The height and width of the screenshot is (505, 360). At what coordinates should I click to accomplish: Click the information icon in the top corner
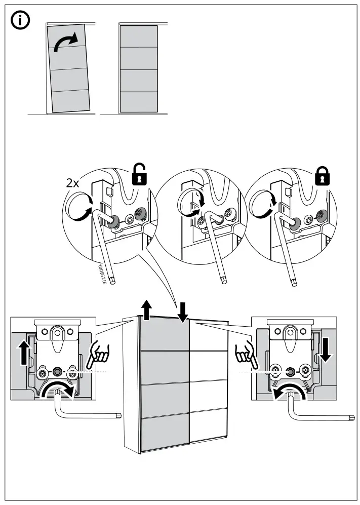pyautogui.click(x=21, y=21)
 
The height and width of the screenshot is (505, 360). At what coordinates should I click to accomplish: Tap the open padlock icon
pyautogui.click(x=140, y=175)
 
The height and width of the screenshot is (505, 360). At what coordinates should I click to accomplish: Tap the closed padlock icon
pyautogui.click(x=320, y=175)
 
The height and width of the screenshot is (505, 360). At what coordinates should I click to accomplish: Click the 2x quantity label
pyautogui.click(x=73, y=183)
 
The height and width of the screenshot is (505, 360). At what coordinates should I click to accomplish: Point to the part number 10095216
pyautogui.click(x=101, y=273)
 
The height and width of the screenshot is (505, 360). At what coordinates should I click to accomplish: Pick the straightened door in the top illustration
pyautogui.click(x=138, y=69)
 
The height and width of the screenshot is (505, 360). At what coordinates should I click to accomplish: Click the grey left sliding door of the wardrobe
pyautogui.click(x=164, y=385)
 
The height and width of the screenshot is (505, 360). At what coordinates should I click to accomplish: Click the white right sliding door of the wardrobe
pyautogui.click(x=209, y=385)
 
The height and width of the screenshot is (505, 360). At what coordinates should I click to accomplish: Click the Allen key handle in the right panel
pyautogui.click(x=324, y=416)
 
